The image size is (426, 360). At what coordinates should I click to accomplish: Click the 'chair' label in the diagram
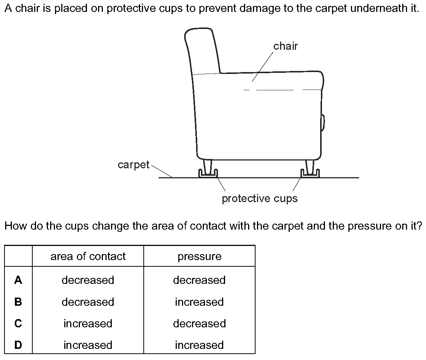pos(285,46)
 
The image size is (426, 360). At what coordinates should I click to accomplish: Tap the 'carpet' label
pos(133,165)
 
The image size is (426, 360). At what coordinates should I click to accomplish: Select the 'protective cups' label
pos(260,198)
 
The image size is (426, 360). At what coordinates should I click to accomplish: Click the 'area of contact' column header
pos(88,256)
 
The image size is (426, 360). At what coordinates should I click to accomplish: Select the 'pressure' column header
pos(199,256)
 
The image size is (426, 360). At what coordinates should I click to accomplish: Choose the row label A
pos(18,280)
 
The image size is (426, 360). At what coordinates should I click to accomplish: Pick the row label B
pos(18,302)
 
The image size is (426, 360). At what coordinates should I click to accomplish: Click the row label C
pos(18,324)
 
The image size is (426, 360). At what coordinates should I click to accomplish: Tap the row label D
pos(18,345)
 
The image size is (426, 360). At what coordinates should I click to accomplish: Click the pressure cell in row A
pos(199,280)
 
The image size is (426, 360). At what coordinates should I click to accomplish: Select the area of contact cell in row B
pos(88,302)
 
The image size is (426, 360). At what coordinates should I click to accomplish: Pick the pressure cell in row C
pos(199,324)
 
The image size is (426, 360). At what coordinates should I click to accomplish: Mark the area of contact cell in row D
pos(88,345)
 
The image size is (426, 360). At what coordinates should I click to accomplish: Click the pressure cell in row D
pos(199,345)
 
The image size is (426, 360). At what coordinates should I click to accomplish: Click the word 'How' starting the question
pos(15,226)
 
